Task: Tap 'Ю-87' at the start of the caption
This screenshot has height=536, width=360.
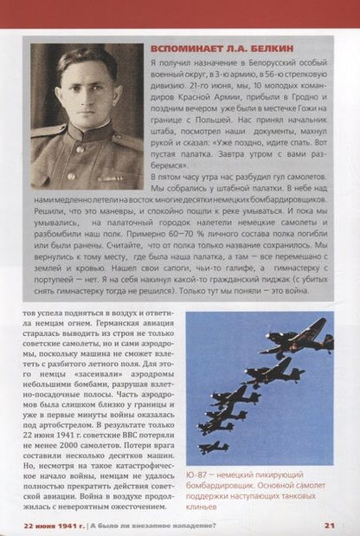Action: pyautogui.click(x=198, y=475)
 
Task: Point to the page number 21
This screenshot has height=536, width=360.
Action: pyautogui.click(x=330, y=524)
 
